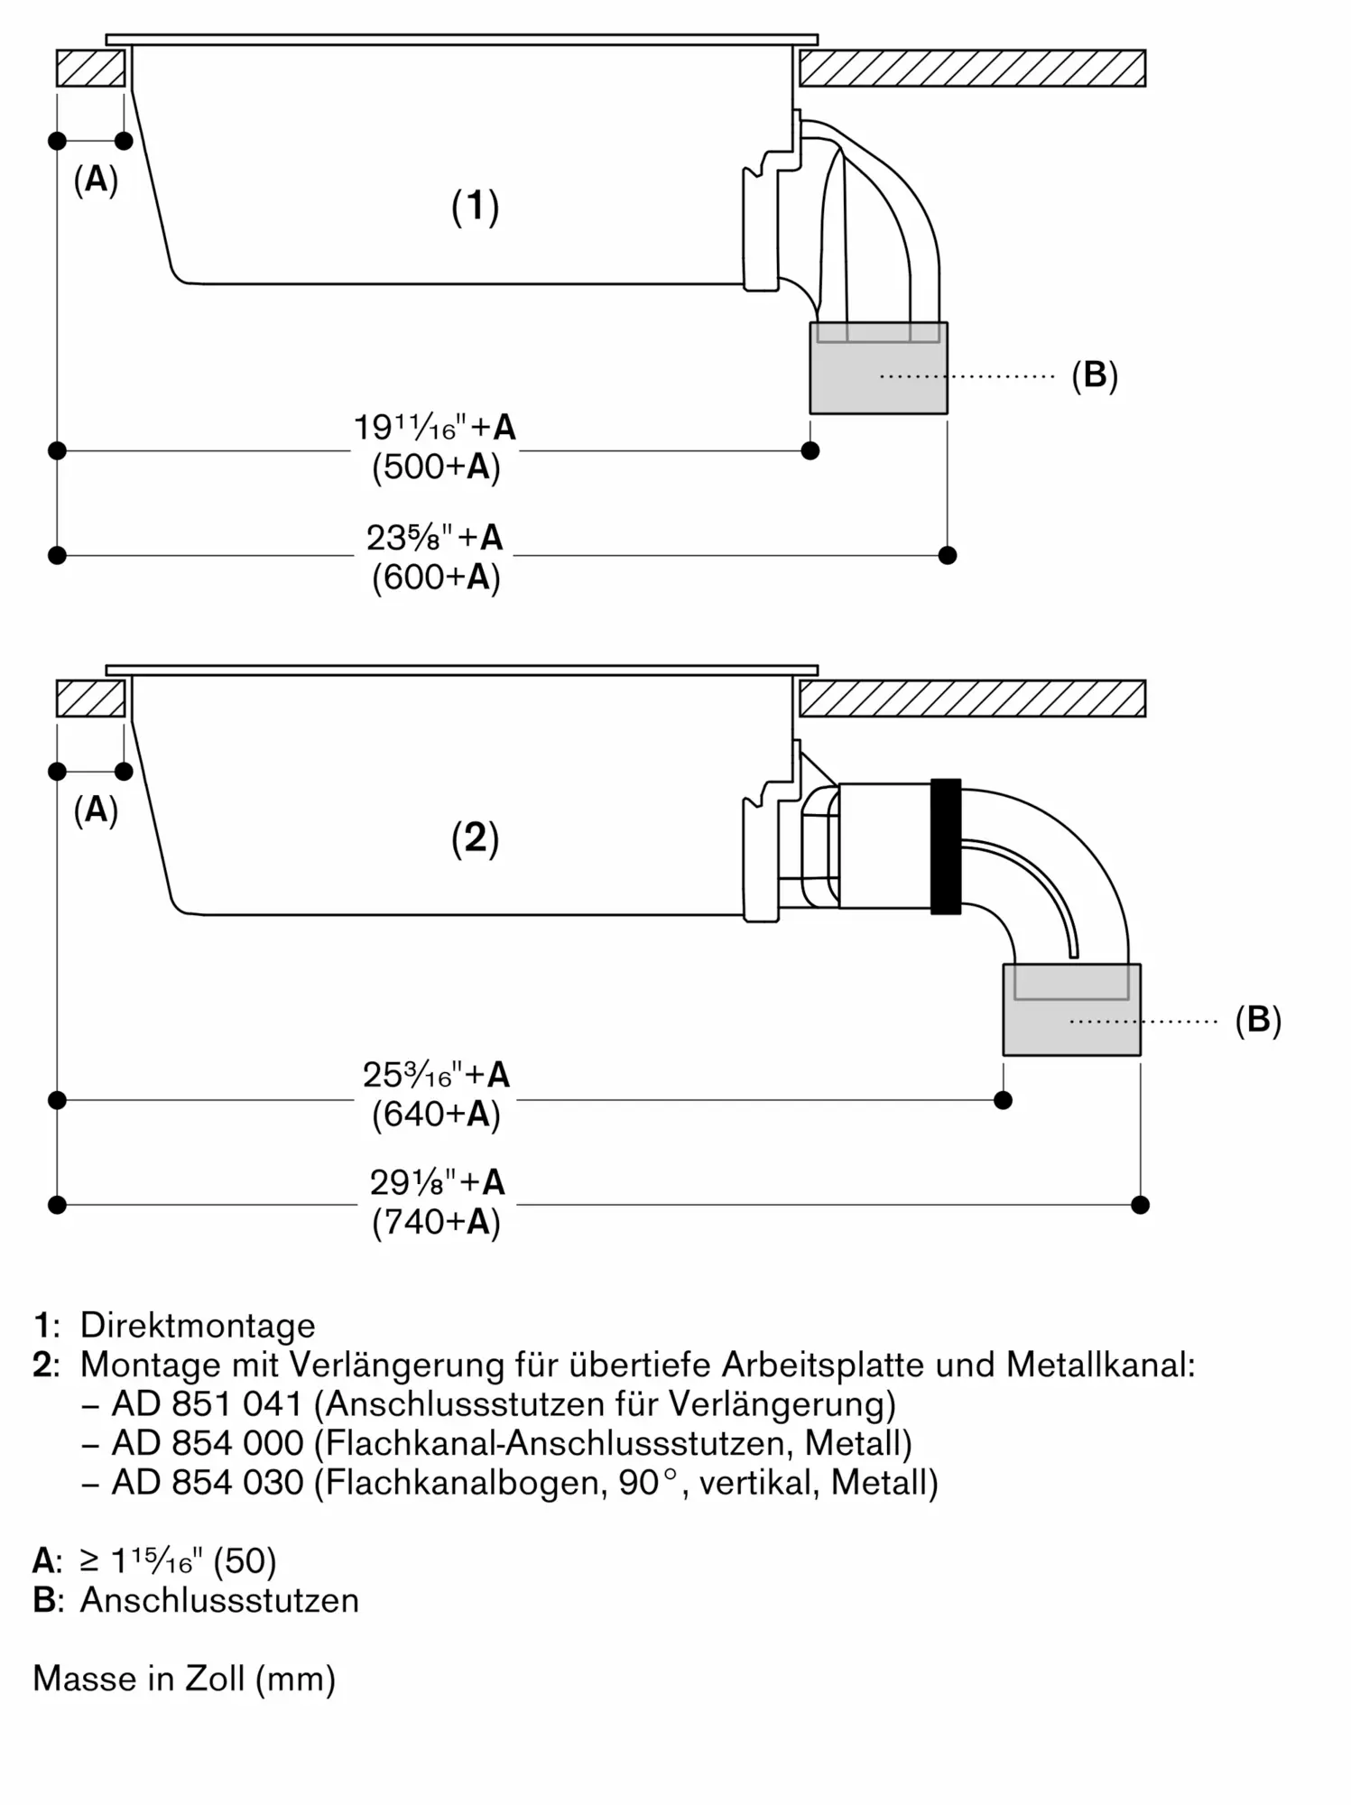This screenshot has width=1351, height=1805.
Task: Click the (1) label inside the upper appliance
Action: (476, 207)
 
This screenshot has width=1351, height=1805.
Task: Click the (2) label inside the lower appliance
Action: (476, 838)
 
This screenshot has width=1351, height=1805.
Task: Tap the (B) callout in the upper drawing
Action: (1095, 375)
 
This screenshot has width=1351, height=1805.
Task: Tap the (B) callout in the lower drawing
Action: (1258, 1020)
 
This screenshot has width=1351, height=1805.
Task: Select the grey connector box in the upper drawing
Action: (878, 368)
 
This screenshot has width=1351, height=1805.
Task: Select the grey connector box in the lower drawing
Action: (1072, 1010)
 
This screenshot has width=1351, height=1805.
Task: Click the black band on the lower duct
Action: (946, 847)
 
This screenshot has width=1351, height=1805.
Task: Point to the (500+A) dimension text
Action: (436, 467)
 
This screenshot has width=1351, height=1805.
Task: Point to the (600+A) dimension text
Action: (436, 577)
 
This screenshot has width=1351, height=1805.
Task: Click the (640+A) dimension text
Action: (436, 1115)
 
